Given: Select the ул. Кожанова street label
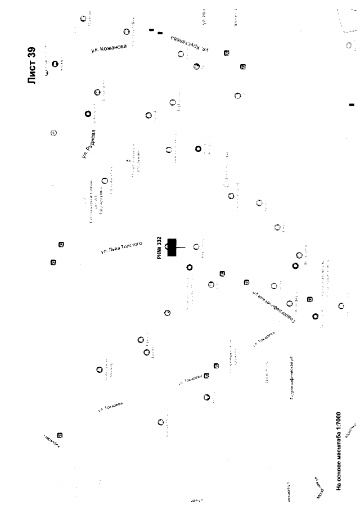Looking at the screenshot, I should pyautogui.click(x=108, y=49).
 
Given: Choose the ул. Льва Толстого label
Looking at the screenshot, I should pyautogui.click(x=121, y=247).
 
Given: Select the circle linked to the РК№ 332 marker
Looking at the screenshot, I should pyautogui.click(x=196, y=246).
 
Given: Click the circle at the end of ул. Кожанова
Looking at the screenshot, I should pyautogui.click(x=127, y=32).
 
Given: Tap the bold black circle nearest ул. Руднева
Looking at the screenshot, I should pyautogui.click(x=88, y=114).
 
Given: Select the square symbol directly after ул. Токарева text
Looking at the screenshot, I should pyautogui.click(x=206, y=376).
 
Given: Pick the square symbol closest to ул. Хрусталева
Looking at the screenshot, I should pyautogui.click(x=227, y=53).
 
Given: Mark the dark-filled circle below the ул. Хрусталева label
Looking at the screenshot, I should pyautogui.click(x=196, y=67).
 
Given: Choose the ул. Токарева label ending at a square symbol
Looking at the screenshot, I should pyautogui.click(x=193, y=380).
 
